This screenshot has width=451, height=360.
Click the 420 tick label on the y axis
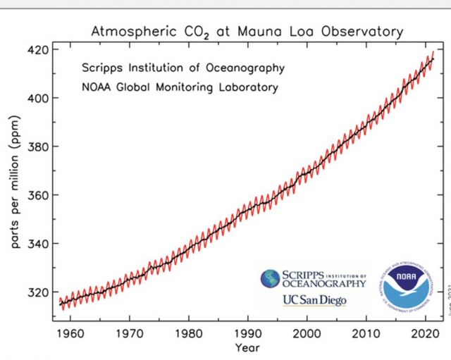39,50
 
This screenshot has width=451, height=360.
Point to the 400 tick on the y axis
39,98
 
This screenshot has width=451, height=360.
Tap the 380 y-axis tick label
39,147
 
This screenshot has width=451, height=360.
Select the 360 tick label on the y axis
39,195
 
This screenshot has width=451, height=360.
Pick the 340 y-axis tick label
39,244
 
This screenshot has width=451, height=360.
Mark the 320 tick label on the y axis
39,292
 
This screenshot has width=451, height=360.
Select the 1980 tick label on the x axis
187,333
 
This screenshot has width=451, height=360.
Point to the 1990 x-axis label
247,333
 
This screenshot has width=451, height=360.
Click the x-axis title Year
247,348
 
